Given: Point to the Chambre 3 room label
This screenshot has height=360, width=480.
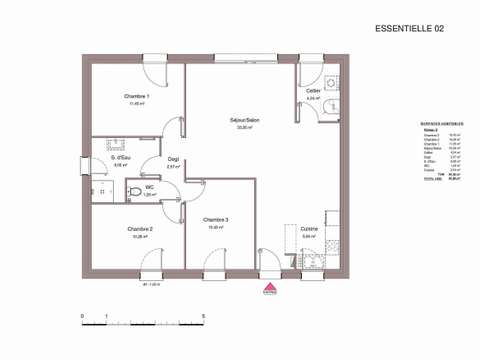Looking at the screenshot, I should coord(215,219).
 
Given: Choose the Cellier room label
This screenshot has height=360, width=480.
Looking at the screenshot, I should coord(313,91).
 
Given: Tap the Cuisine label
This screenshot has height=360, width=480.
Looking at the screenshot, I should coord(310,229).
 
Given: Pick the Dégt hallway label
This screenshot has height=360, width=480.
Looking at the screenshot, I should coord(173,159).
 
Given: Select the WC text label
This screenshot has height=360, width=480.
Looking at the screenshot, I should coord(150,186).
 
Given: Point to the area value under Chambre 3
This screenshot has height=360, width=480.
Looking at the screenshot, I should coord(215,227).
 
